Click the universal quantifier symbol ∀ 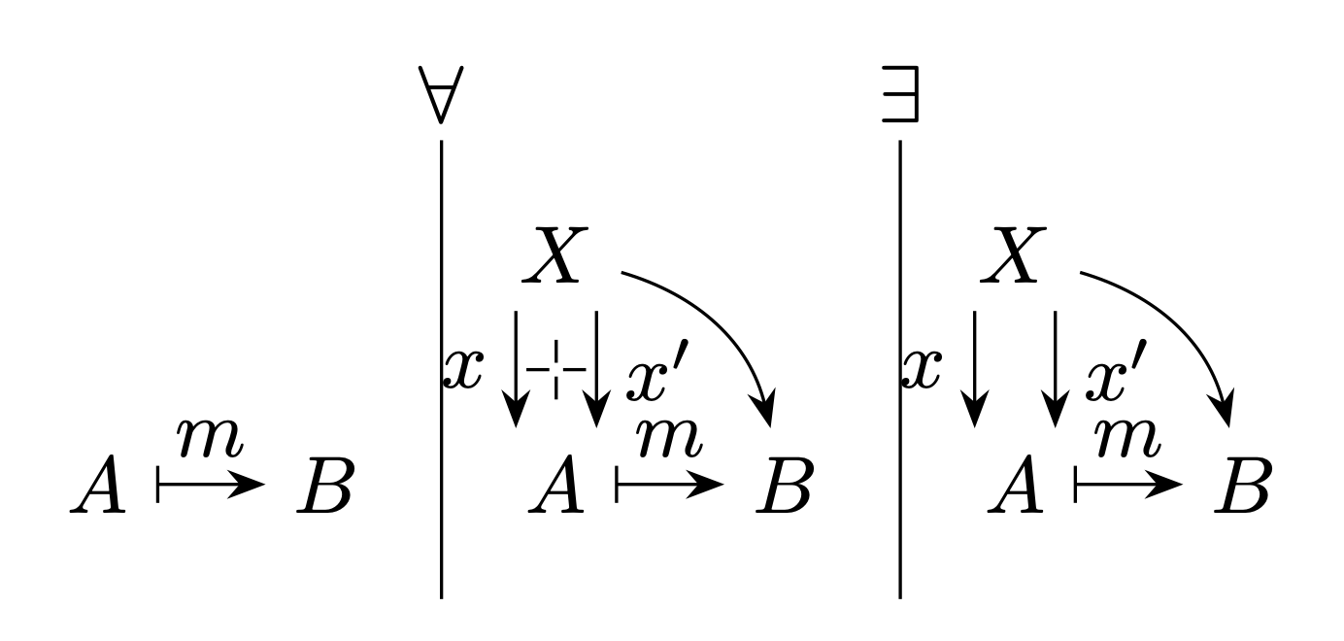point(441,95)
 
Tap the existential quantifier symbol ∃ point(900,94)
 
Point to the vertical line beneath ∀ point(442,369)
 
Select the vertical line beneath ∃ point(900,369)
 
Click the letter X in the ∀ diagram point(555,255)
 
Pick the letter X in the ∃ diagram point(1014,255)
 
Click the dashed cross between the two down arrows point(556,369)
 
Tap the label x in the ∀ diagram point(463,369)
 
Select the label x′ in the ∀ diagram point(657,370)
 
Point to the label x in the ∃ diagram point(923,369)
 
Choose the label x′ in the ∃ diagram point(1117,370)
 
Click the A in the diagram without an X point(98,484)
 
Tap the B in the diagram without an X point(325,485)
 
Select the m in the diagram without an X point(210,438)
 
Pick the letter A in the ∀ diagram point(556,484)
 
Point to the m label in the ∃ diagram point(1128,438)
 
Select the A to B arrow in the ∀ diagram point(670,484)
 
